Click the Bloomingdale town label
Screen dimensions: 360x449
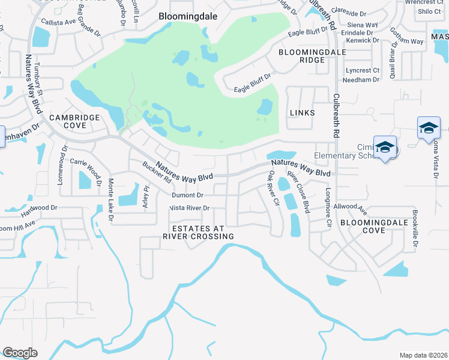tap(184, 17)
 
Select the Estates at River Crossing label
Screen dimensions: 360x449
tap(198, 232)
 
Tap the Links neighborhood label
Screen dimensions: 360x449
tap(302, 113)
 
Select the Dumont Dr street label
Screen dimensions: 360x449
tap(188, 195)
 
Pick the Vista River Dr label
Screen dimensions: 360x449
tap(190, 208)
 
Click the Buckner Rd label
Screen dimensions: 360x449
tap(156, 172)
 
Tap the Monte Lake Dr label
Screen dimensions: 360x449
tap(110, 200)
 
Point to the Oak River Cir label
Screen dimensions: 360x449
tap(274, 188)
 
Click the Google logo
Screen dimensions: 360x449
tap(20, 352)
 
